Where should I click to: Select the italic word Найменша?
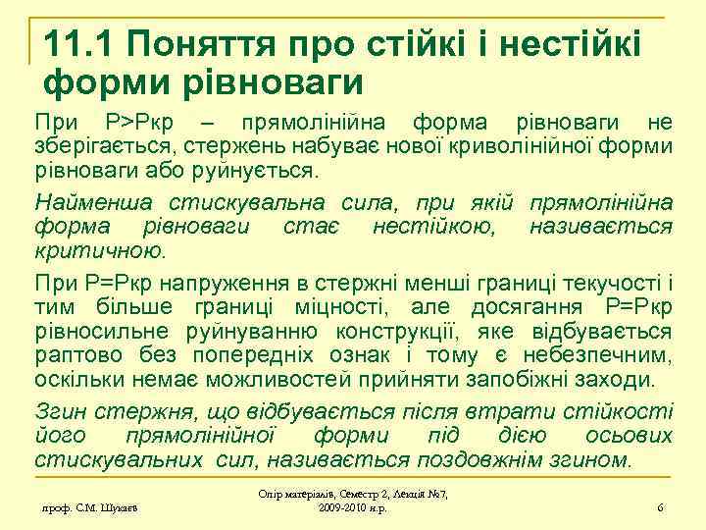click(x=84, y=203)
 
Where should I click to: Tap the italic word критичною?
click(x=99, y=250)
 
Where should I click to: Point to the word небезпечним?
click(x=598, y=353)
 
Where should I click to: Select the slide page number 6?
click(x=661, y=506)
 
